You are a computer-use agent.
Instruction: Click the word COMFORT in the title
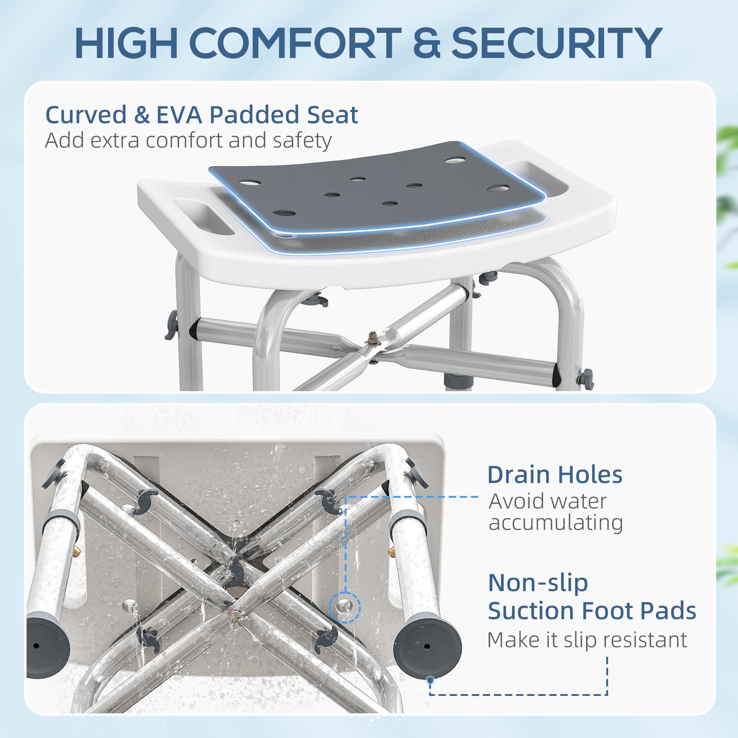click(294, 43)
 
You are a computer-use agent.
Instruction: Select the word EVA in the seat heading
click(179, 115)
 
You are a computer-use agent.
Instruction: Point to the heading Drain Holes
click(555, 475)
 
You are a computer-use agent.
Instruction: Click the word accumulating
click(556, 523)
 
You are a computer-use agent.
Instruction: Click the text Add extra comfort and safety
click(188, 141)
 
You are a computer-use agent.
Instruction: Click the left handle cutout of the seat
click(204, 215)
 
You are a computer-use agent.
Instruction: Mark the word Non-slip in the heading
click(538, 583)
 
